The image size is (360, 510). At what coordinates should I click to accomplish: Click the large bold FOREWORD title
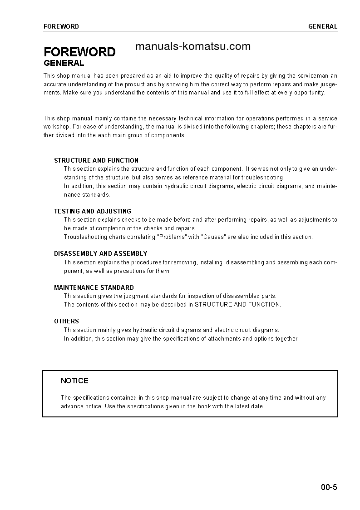pos(79,52)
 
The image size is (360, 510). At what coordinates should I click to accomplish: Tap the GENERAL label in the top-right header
pos(323,26)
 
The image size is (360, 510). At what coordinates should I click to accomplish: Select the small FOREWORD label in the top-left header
pos(61,26)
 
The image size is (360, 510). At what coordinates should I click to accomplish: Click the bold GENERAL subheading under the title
pos(64,63)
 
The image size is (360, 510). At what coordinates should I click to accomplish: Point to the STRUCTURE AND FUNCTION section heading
pos(96,160)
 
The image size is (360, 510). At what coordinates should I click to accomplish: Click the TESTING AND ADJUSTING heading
pos(93,211)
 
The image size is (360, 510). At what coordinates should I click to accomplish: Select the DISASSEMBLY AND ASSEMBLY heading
pos(101,253)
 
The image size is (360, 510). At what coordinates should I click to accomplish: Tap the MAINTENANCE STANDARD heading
pos(94,287)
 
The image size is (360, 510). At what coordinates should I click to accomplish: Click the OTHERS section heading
pos(66,321)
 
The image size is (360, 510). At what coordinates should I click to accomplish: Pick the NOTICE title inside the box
pos(74,381)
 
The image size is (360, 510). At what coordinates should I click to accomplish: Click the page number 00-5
pos(329,488)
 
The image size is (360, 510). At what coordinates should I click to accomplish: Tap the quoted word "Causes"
pos(213,237)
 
